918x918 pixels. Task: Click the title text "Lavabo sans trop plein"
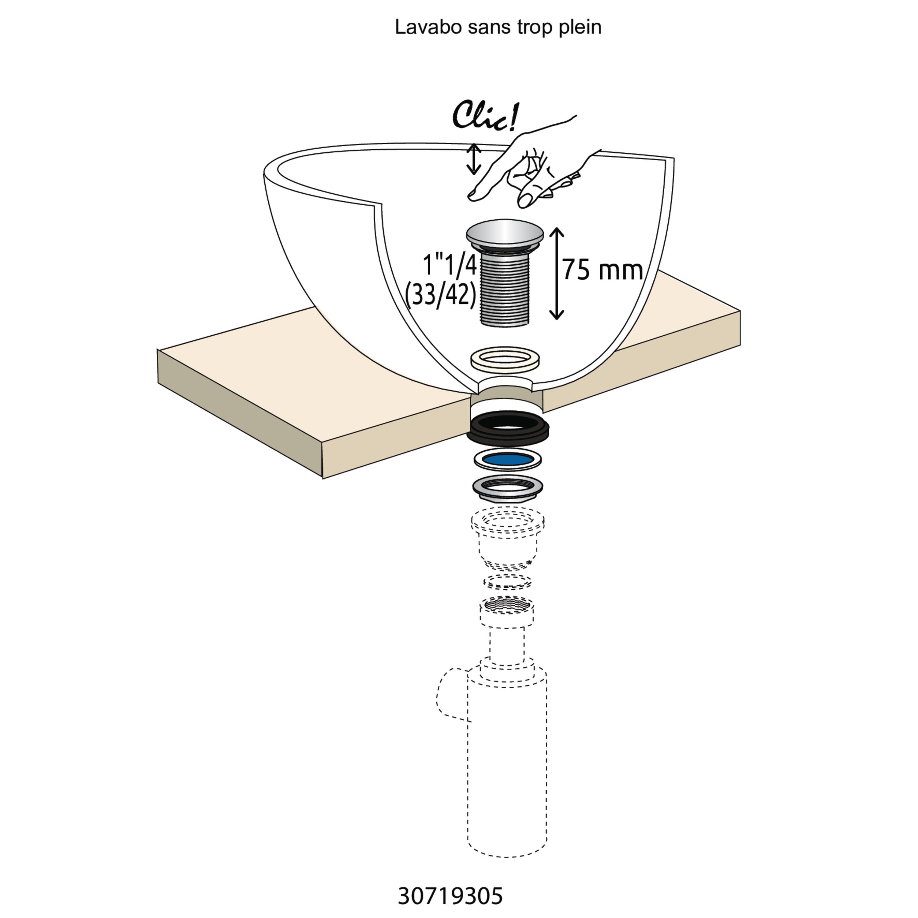point(498,27)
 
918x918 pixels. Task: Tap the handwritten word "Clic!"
point(486,115)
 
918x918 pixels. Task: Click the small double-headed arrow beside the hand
point(474,159)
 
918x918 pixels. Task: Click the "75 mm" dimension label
point(603,270)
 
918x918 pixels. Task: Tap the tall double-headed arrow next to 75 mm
point(556,273)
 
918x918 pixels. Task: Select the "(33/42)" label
point(440,295)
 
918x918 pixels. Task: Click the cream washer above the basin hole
point(505,359)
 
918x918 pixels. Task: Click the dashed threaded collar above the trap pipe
point(507,611)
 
